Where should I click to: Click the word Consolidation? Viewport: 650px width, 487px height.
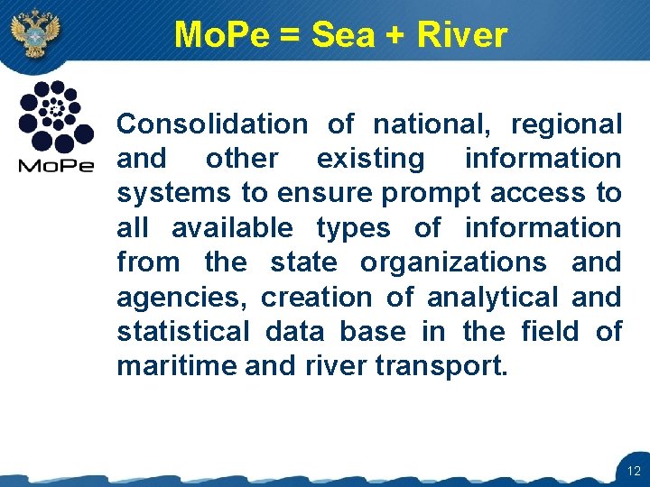(x=212, y=124)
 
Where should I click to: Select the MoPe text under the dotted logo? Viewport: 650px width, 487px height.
(x=56, y=166)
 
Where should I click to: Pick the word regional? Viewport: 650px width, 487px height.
(x=566, y=124)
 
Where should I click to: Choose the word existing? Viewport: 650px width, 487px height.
(x=370, y=159)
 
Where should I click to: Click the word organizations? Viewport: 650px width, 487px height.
(x=453, y=262)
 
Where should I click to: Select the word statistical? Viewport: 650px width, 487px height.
(x=182, y=331)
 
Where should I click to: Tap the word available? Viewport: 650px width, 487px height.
(x=232, y=227)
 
